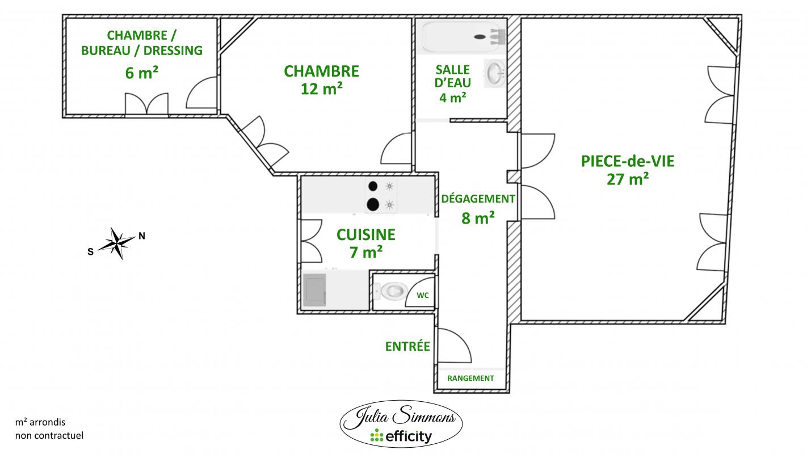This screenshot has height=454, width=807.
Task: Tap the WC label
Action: point(423,296)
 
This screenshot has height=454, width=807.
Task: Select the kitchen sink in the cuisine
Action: point(314,289)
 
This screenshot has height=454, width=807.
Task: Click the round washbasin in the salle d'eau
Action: point(495,73)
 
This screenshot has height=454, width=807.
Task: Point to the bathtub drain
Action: point(480,37)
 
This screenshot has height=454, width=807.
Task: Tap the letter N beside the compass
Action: point(142,236)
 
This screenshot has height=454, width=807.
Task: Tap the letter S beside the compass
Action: point(90,252)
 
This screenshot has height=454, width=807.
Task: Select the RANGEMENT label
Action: point(470,379)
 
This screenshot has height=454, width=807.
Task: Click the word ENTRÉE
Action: point(407,346)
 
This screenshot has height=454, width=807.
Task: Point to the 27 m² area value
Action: point(628,179)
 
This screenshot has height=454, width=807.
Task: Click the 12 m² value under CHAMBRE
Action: point(321,89)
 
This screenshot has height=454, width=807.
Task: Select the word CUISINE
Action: point(366,234)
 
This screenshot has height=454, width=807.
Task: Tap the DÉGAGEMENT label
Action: point(478,199)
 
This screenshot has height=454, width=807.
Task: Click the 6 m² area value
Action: point(141,73)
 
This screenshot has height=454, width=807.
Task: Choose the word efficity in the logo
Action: point(408,437)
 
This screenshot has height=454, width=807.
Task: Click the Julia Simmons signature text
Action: point(405,417)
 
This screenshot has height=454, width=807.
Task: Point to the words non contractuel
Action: point(49,436)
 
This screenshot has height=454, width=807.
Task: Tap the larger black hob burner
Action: point(373,205)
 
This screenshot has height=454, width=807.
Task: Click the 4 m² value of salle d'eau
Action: point(452,97)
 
